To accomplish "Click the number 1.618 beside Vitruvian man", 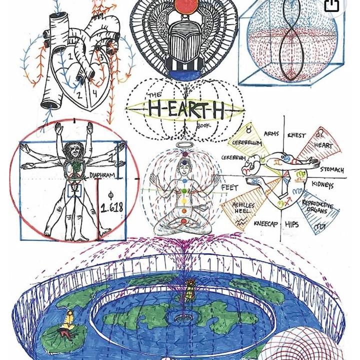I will [x=112, y=207].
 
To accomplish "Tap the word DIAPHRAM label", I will [x=102, y=175].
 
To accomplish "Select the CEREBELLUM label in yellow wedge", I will [x=246, y=143].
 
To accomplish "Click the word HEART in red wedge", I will [x=323, y=145].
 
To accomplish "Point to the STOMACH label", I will [x=332, y=170].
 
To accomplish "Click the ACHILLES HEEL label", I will [x=244, y=207].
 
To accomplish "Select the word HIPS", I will [x=292, y=224].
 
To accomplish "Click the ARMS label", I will [x=271, y=133].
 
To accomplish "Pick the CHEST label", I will [x=296, y=134].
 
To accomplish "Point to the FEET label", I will [x=229, y=187].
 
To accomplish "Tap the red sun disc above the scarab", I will [x=184, y=6].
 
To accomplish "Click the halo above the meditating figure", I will [x=183, y=145].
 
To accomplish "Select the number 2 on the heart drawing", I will [x=78, y=94].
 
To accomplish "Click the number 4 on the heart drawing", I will [x=94, y=93].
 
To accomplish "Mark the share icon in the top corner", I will [x=331, y=5].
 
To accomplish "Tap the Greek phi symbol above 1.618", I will [x=111, y=194].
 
